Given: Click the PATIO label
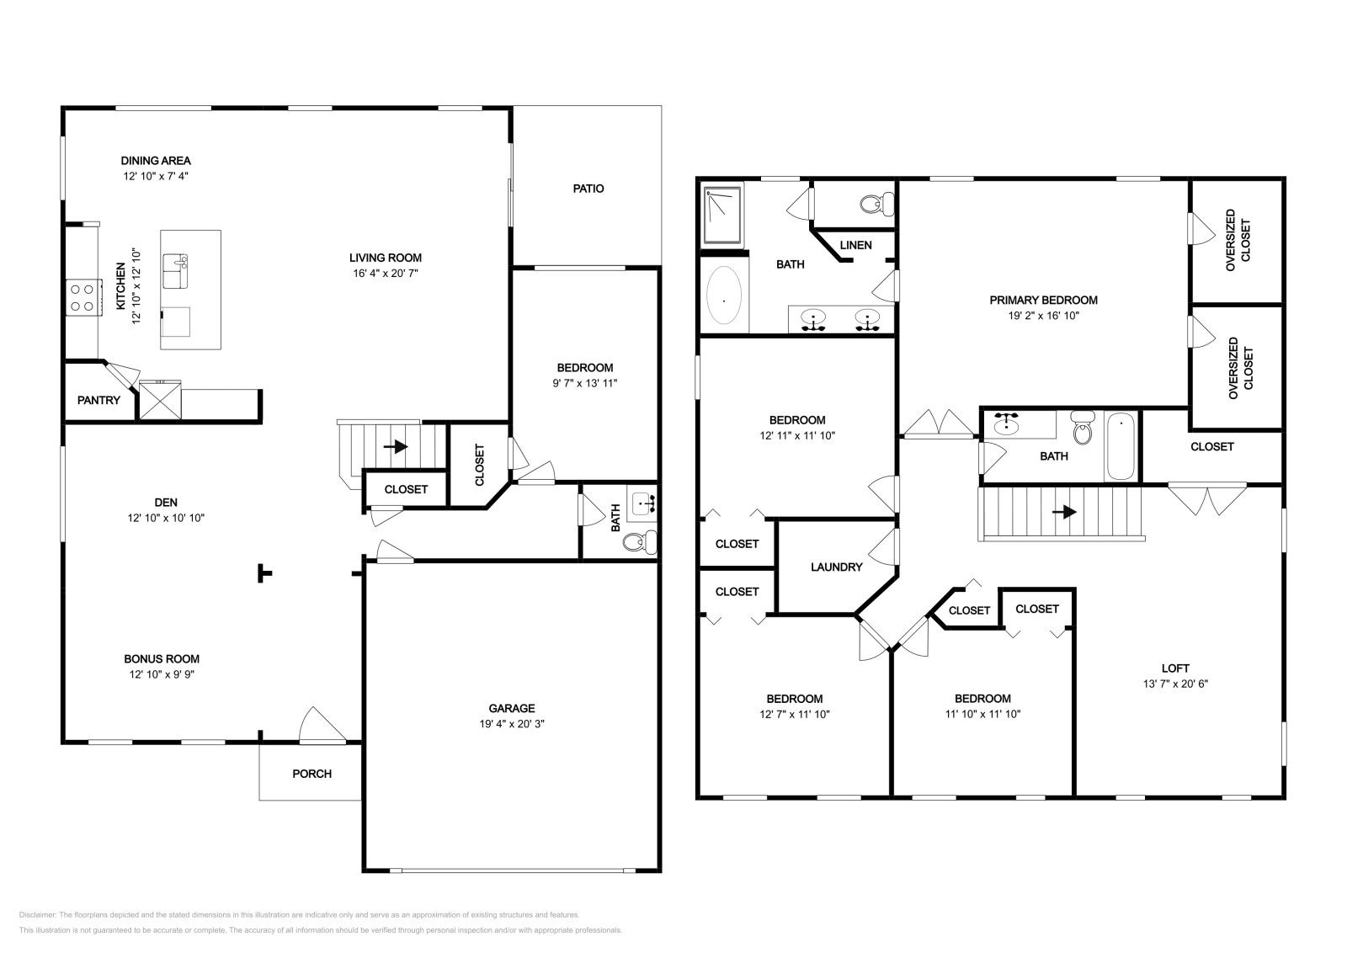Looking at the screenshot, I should [588, 189].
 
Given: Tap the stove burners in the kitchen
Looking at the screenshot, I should [82, 297].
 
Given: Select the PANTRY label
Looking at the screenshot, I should [98, 400].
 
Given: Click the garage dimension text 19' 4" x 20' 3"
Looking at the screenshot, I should [512, 724].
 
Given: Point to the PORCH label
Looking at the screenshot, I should [311, 774].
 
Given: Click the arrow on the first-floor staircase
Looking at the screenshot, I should [397, 447].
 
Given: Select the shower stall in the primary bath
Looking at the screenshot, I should [723, 216].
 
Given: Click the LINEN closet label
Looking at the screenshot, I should [856, 245].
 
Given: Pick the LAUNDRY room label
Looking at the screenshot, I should [836, 567].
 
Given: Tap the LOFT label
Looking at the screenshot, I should [1174, 668].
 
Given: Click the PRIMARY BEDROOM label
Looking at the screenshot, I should [1043, 300].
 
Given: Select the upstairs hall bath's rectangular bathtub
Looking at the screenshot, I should [1120, 447].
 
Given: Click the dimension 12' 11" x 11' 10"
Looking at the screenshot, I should [797, 436].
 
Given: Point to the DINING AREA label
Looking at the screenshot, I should [156, 160].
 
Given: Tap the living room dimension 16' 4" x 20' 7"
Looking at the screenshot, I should [386, 274].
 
